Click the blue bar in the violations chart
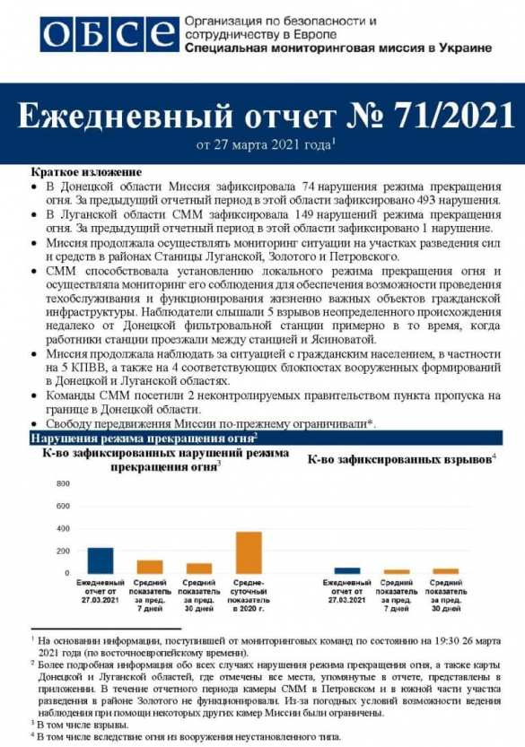pos(101,560)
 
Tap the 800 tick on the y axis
pos(63,484)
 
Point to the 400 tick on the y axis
pos(63,528)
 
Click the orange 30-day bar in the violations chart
pos(198,568)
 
